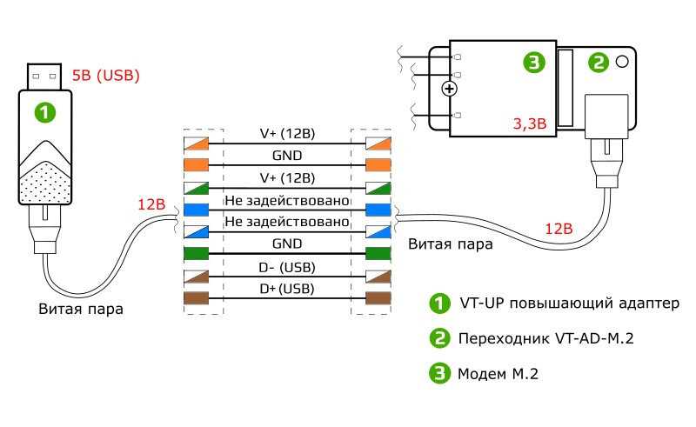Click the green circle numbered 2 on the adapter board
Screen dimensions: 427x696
point(599,62)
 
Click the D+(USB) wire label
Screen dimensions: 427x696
point(287,288)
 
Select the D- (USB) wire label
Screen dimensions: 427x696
point(287,266)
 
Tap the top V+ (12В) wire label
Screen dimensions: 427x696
point(287,135)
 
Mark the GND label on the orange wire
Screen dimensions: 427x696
point(287,157)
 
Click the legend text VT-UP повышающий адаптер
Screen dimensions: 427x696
point(567,304)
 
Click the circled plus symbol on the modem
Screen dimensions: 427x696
point(450,89)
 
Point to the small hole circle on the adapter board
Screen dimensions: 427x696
point(623,62)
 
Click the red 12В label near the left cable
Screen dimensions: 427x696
point(151,206)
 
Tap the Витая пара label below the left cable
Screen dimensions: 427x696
point(81,309)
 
